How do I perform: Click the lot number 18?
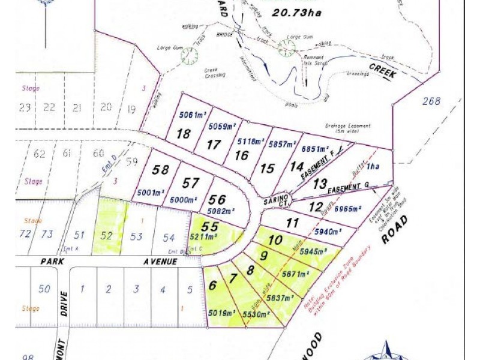[184, 133]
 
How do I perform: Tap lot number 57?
[191, 182]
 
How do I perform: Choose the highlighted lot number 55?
[209, 227]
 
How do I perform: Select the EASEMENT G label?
[356, 187]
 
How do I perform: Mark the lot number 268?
[431, 101]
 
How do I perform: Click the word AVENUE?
[160, 262]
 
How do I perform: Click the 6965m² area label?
[347, 209]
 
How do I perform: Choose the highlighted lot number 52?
[107, 236]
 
